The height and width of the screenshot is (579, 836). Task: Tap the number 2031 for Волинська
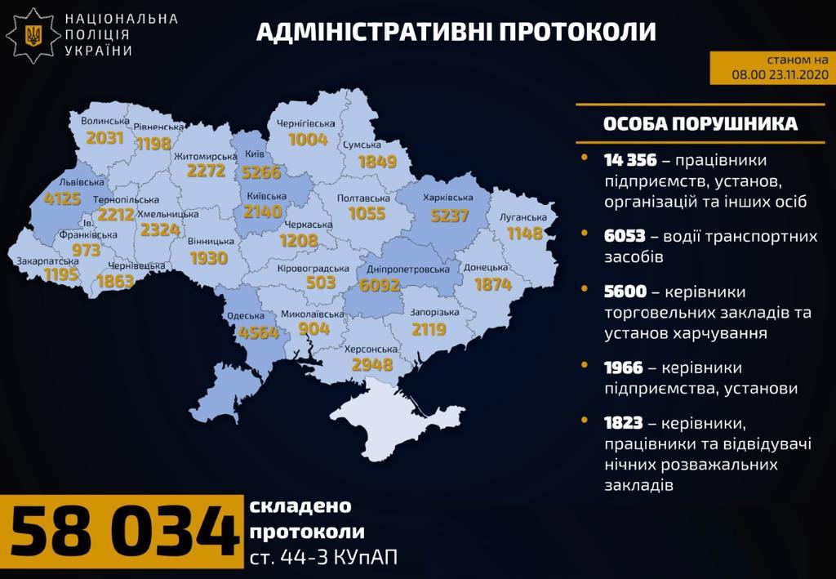click(x=104, y=137)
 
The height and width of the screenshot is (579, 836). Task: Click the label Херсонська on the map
click(x=372, y=349)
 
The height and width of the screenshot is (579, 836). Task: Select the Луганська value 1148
click(x=525, y=234)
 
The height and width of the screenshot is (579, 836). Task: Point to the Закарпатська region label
click(x=47, y=261)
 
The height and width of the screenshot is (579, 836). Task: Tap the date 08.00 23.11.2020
click(x=780, y=73)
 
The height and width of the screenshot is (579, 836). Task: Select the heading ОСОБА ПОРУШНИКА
click(x=700, y=123)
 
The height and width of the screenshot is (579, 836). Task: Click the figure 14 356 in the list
click(x=630, y=159)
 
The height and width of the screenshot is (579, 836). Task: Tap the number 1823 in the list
click(x=624, y=422)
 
